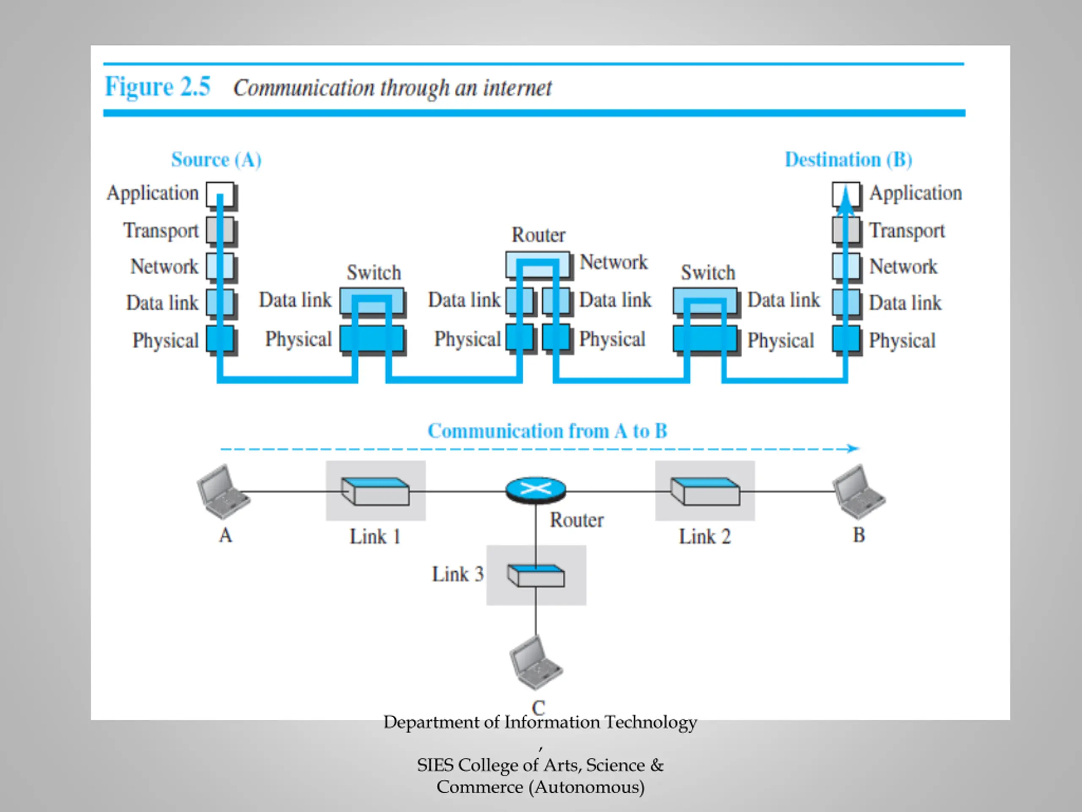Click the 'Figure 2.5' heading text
pyautogui.click(x=158, y=87)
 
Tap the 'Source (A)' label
pyautogui.click(x=216, y=159)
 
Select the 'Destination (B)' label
pyautogui.click(x=849, y=159)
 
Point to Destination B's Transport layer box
pyautogui.click(x=846, y=230)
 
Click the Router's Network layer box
pyautogui.click(x=538, y=265)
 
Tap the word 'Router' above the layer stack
pyautogui.click(x=538, y=235)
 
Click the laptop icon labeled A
pyautogui.click(x=223, y=491)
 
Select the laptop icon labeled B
pyautogui.click(x=858, y=491)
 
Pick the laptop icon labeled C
pyautogui.click(x=536, y=663)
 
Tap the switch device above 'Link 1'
pyautogui.click(x=375, y=491)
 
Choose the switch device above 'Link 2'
pyautogui.click(x=705, y=491)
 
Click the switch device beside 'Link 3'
pyautogui.click(x=536, y=576)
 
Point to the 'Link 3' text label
pyautogui.click(x=458, y=574)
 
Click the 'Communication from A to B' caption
pyautogui.click(x=547, y=431)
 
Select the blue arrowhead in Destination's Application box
pyautogui.click(x=846, y=201)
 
